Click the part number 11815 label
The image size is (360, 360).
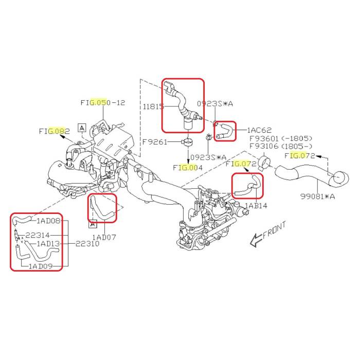(x=153, y=106)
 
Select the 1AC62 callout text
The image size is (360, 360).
(x=259, y=130)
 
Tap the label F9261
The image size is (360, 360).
(x=155, y=141)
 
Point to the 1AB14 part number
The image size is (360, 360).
(x=256, y=206)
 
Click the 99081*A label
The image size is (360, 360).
(x=318, y=196)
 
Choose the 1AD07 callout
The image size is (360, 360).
(x=104, y=237)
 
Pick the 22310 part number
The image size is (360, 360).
(x=87, y=243)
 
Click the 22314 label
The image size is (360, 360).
(x=38, y=235)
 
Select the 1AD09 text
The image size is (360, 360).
(x=41, y=266)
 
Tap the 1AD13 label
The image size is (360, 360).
(x=48, y=243)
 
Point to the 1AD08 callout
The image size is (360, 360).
(x=49, y=221)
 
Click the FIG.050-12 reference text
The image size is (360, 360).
(x=103, y=102)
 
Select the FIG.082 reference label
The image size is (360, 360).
(x=55, y=131)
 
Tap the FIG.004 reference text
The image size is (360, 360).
(x=188, y=168)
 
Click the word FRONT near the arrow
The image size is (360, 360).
(x=275, y=230)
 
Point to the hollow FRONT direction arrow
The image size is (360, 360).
(x=256, y=240)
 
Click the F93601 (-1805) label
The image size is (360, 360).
(x=281, y=138)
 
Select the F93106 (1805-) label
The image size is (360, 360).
(x=281, y=146)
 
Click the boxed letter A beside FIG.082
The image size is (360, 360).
(x=82, y=128)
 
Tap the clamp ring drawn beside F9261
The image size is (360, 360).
(x=187, y=142)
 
